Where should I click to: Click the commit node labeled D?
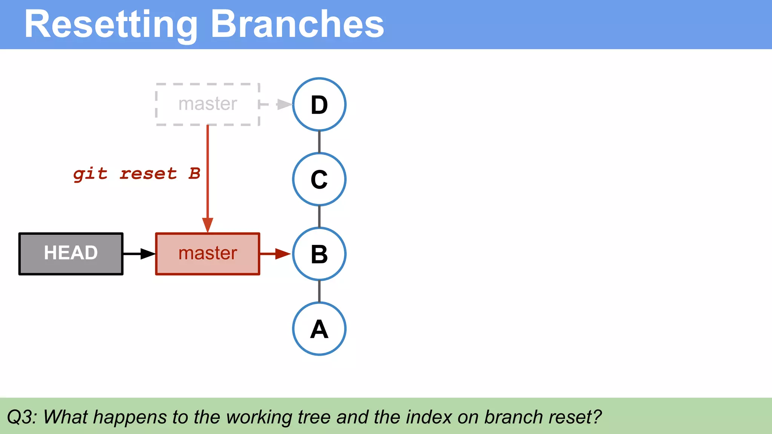tap(319, 104)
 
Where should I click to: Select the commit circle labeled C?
tap(319, 179)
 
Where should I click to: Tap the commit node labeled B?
tap(319, 254)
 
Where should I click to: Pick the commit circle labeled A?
tap(319, 329)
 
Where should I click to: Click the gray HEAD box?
tap(71, 254)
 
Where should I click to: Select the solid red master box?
tap(208, 254)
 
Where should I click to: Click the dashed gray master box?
tap(208, 104)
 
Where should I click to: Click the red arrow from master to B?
tap(275, 254)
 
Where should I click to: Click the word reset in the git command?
tap(148, 174)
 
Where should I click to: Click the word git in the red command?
tap(90, 174)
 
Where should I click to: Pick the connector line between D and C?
tap(319, 142)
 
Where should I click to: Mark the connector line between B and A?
tap(319, 291)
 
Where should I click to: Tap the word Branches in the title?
tap(297, 24)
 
